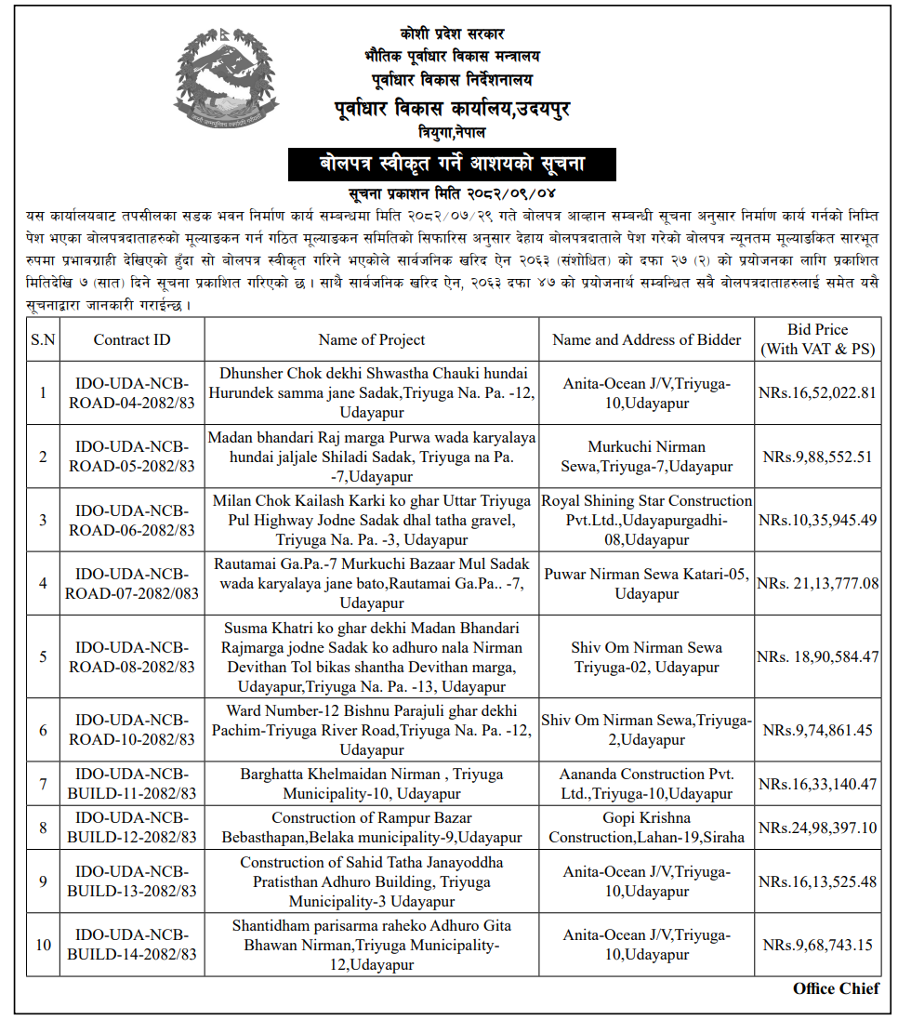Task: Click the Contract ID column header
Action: point(132,339)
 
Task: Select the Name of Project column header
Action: point(372,339)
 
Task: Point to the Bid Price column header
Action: point(817,339)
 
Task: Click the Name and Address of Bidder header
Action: point(647,339)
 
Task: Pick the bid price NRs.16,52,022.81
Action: point(818,392)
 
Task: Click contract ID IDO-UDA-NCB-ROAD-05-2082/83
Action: point(132,457)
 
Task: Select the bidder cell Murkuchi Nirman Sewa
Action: point(647,457)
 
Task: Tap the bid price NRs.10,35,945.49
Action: point(818,520)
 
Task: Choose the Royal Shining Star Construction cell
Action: point(647,520)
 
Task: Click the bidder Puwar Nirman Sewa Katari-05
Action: point(647,583)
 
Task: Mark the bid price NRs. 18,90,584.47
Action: point(818,656)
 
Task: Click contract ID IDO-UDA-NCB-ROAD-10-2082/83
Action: point(132,730)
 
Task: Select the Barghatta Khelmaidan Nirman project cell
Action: point(372,784)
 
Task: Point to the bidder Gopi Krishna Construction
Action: point(647,827)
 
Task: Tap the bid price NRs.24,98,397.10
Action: point(818,827)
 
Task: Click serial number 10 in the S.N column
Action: point(43,945)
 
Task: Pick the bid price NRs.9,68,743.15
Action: point(818,945)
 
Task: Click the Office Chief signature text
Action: point(836,988)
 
